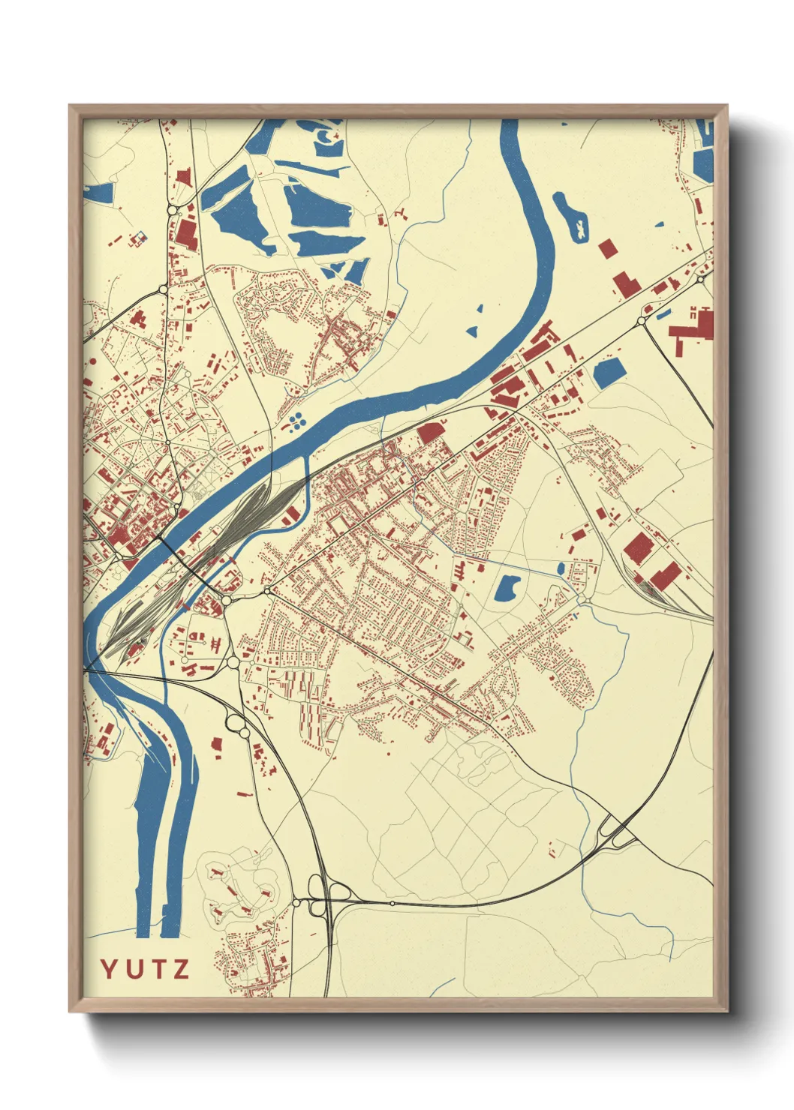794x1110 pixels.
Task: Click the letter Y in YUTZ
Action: pos(109,969)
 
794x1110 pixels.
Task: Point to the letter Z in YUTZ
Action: pos(179,969)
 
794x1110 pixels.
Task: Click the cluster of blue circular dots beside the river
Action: pos(296,421)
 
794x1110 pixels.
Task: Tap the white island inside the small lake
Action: pos(579,229)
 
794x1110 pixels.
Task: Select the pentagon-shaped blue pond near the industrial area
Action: pos(609,372)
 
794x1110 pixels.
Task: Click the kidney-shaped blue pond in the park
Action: pos(507,587)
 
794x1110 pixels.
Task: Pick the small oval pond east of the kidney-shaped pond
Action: pos(561,569)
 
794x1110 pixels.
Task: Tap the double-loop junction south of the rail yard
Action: pos(238,725)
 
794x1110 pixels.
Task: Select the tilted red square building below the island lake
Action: pos(606,248)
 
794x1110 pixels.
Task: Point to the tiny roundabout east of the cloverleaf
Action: pos(392,903)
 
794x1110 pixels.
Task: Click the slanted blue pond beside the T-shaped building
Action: pos(663,315)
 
